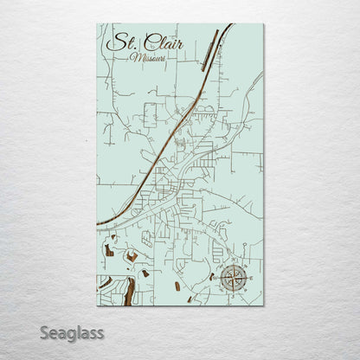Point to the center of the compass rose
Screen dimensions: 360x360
[x=232, y=279]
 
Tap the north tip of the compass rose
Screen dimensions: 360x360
[x=232, y=262]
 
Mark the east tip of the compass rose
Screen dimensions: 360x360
[x=248, y=279]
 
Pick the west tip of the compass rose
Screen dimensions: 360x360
[x=216, y=279]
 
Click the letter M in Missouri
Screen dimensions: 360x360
[x=132, y=57]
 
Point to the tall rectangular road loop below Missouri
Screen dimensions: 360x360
[x=150, y=115]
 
